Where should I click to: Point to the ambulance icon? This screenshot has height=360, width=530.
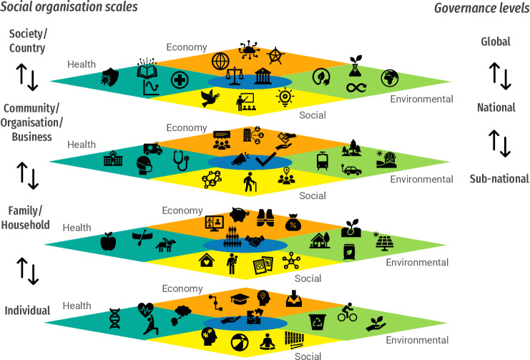point(152,149)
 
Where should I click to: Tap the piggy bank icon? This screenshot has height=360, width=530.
point(240,215)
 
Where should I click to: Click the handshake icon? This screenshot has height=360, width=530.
point(256,242)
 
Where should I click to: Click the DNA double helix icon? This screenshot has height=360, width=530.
point(114,317)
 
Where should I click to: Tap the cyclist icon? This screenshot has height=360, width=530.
point(347,313)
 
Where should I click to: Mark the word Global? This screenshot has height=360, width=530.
point(495,42)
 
